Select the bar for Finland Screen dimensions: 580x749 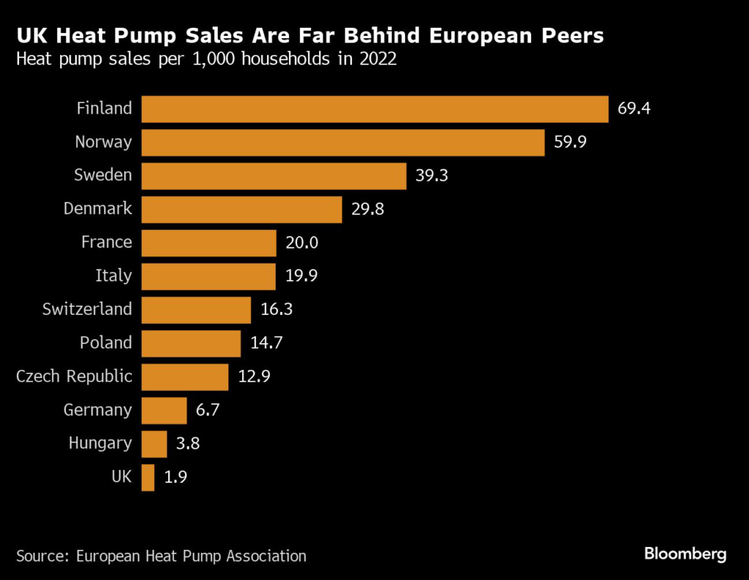click(374, 109)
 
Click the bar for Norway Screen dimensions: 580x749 click(342, 143)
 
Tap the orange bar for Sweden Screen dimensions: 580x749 click(274, 176)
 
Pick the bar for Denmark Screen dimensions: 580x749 click(241, 209)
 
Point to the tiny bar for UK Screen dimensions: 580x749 click(148, 477)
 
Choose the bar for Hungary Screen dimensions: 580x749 click(154, 444)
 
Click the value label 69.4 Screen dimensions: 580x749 click(633, 109)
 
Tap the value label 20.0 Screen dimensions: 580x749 click(302, 242)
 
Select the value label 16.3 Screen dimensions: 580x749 click(276, 310)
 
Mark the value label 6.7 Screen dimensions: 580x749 click(208, 410)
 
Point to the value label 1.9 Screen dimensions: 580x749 click(176, 477)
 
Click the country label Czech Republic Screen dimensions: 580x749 click(74, 376)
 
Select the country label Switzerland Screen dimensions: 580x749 click(87, 309)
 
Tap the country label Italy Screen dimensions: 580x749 click(113, 276)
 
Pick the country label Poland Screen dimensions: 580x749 click(106, 343)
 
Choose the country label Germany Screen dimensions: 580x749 click(98, 410)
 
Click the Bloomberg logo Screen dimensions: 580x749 click(685, 554)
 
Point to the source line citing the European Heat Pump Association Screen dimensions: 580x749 click(161, 556)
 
